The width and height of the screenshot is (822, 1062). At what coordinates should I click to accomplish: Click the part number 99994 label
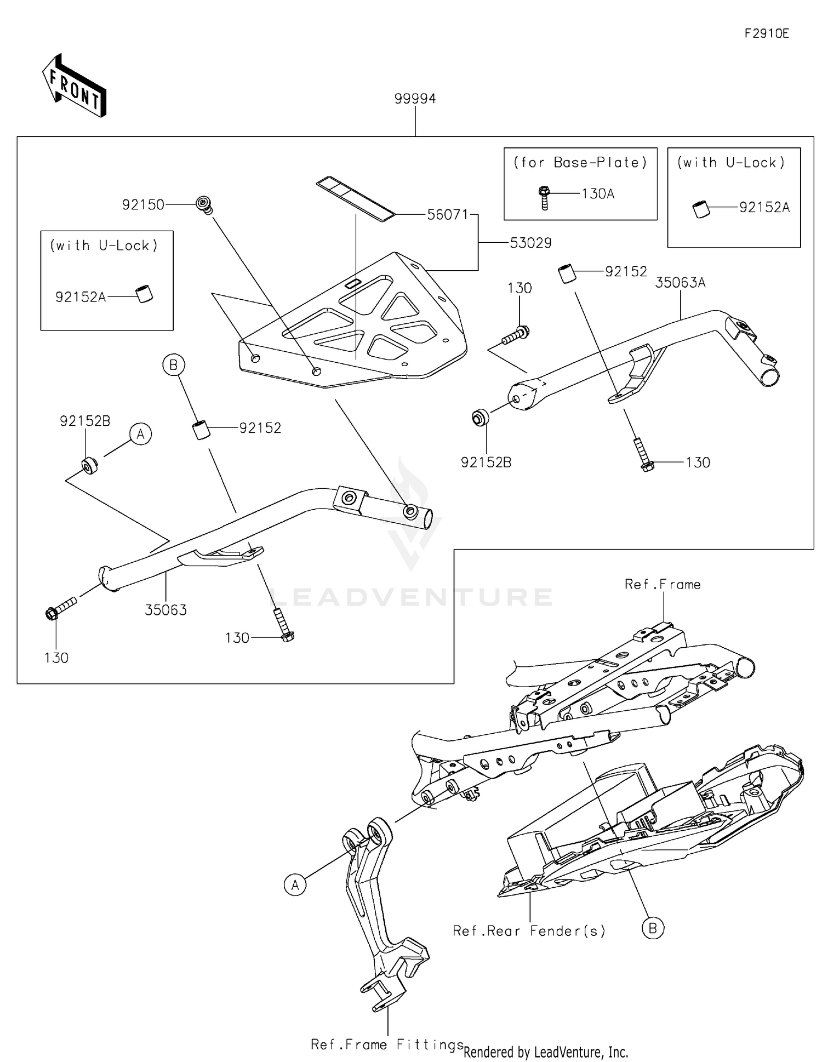point(415,99)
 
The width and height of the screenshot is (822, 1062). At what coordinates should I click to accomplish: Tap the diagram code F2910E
point(766,33)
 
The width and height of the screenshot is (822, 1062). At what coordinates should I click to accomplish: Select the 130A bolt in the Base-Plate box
point(544,198)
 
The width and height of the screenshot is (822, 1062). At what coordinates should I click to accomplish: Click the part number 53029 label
point(530,243)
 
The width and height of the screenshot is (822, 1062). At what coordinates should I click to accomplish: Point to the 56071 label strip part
point(355,198)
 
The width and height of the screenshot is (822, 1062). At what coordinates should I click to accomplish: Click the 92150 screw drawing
point(204,204)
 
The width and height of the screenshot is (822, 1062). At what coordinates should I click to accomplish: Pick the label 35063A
point(680,283)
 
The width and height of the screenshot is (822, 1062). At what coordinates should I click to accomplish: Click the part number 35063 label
point(165,610)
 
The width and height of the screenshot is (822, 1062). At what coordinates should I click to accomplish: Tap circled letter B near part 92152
point(174,365)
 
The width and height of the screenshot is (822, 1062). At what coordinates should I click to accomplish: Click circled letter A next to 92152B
point(141,435)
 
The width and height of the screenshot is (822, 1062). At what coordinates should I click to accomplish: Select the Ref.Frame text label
point(663,585)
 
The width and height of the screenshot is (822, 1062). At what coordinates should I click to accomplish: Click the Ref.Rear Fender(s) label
point(529,931)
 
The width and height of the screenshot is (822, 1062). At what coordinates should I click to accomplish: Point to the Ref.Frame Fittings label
point(387,1044)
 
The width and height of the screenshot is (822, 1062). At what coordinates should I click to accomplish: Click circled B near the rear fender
point(653,928)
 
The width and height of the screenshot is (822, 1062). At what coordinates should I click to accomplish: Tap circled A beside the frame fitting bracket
point(295,885)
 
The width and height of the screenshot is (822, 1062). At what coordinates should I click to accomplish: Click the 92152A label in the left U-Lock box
point(81,297)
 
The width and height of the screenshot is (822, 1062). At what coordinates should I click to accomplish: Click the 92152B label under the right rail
point(486,463)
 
